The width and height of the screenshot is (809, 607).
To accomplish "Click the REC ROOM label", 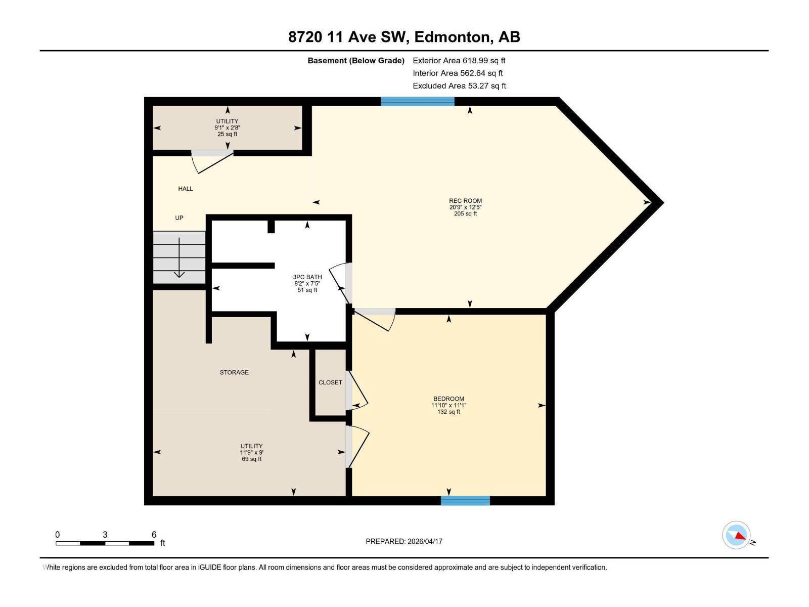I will click(x=465, y=201).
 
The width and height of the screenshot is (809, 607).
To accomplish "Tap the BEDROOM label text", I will click(x=448, y=399).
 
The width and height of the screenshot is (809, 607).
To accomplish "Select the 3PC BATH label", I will click(x=307, y=277).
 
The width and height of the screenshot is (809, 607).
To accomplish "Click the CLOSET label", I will click(x=330, y=382).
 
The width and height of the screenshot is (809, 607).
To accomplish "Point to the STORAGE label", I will click(x=234, y=372).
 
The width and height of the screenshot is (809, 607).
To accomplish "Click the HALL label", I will click(x=186, y=189).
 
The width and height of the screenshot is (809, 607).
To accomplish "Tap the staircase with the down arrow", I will click(x=179, y=257).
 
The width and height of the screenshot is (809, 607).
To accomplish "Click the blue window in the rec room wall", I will click(x=417, y=101).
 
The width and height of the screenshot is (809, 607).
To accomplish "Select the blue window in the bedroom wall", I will click(x=465, y=501).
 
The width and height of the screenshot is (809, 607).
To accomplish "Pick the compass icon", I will click(x=736, y=535).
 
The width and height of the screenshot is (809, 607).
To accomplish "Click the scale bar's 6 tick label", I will click(x=154, y=535).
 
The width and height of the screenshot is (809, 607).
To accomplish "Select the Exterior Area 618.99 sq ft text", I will click(x=459, y=60).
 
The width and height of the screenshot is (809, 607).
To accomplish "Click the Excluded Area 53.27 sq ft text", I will click(x=459, y=85).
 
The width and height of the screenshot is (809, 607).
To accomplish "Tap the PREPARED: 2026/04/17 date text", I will click(x=404, y=541).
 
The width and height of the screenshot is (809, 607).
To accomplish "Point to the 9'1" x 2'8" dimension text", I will click(x=227, y=128).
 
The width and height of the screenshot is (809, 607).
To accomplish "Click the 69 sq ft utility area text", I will click(x=251, y=459).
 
